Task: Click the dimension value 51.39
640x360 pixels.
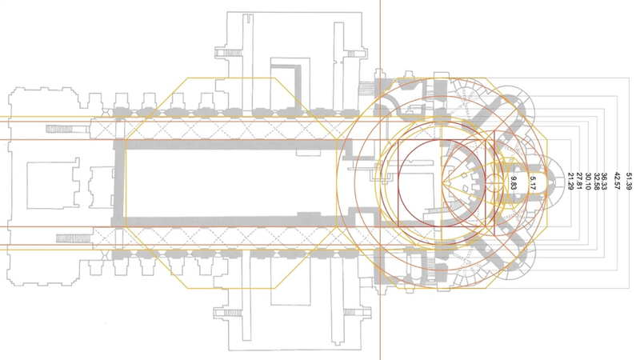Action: [x=629, y=182]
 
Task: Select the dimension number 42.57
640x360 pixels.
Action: [x=617, y=182]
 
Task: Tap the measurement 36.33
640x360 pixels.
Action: [x=605, y=182]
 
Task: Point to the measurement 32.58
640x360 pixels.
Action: [x=597, y=182]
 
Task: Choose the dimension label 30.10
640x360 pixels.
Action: [x=588, y=182]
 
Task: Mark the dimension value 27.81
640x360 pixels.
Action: [x=578, y=182]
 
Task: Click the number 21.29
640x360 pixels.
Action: [x=570, y=182]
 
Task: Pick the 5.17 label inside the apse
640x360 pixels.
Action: [x=532, y=182]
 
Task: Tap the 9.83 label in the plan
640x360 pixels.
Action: [x=514, y=183]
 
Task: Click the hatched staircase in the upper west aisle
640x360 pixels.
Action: [x=68, y=129]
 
